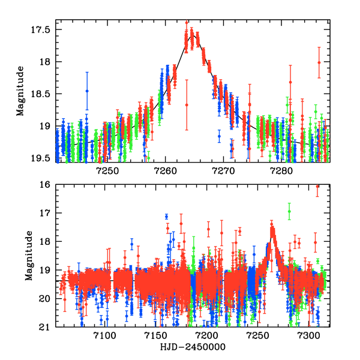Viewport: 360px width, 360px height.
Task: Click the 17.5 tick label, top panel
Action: click(43, 29)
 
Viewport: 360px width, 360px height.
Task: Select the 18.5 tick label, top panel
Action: click(43, 94)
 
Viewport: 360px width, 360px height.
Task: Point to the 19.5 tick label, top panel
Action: click(43, 158)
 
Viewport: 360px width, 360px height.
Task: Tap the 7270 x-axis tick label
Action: click(224, 171)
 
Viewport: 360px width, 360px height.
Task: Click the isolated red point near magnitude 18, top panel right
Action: click(319, 62)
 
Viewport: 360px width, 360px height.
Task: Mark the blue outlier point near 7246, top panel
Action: click(87, 91)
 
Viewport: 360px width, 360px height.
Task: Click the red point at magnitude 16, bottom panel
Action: click(317, 187)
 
